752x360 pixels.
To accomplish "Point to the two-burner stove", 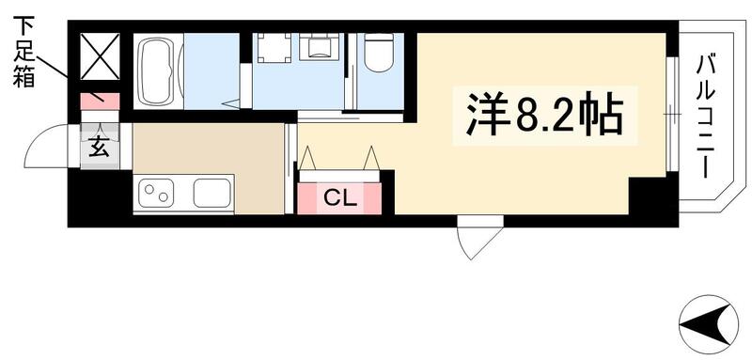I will [x=157, y=195].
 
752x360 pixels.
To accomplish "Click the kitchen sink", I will [x=212, y=195].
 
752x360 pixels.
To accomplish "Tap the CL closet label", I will [x=339, y=198].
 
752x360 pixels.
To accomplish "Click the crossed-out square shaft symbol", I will [x=100, y=55].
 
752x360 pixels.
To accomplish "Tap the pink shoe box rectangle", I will [x=100, y=99].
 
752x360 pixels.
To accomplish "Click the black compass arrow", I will [x=708, y=324].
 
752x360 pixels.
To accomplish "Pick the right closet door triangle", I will [x=372, y=156].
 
